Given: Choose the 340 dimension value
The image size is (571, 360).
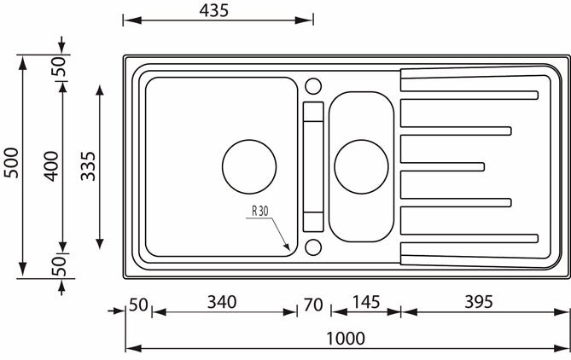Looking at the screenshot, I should click(221, 301).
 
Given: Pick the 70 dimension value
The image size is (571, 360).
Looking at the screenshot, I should click(312, 301).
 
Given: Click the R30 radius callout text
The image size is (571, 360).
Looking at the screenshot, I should click(261, 211).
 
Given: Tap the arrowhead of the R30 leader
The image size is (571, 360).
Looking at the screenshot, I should click(290, 248).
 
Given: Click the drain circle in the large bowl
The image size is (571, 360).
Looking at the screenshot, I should click(249, 165).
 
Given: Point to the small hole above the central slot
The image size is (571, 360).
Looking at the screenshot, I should click(312, 85).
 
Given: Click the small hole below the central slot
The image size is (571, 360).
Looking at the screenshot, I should click(312, 247).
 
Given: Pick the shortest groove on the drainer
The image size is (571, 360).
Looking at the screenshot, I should click(442, 165).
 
